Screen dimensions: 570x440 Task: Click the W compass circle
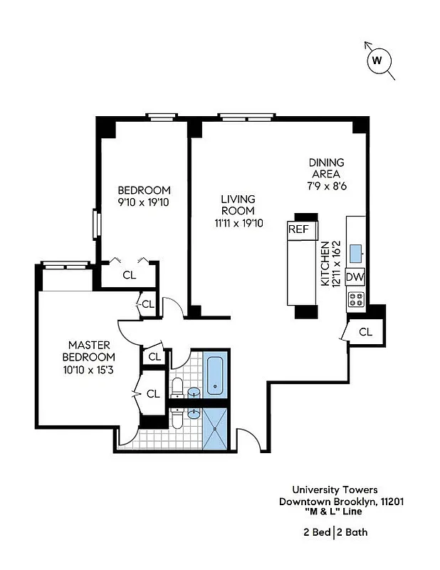pyautogui.click(x=378, y=61)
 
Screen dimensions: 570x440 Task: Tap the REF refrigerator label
pyautogui.click(x=298, y=229)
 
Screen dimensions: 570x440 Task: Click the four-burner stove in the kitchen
pyautogui.click(x=355, y=299)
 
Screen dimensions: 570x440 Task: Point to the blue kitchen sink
pyautogui.click(x=355, y=250)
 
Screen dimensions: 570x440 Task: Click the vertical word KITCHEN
pyautogui.click(x=325, y=264)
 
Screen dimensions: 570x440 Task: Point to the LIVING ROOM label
pyautogui.click(x=238, y=205)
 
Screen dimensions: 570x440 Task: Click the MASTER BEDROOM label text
pyautogui.click(x=88, y=351)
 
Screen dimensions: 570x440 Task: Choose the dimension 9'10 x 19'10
pyautogui.click(x=144, y=202)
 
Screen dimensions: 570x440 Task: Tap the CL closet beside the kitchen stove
pyautogui.click(x=365, y=331)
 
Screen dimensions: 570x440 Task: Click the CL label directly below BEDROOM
pyautogui.click(x=129, y=274)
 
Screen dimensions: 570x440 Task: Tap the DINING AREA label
pyautogui.click(x=326, y=167)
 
